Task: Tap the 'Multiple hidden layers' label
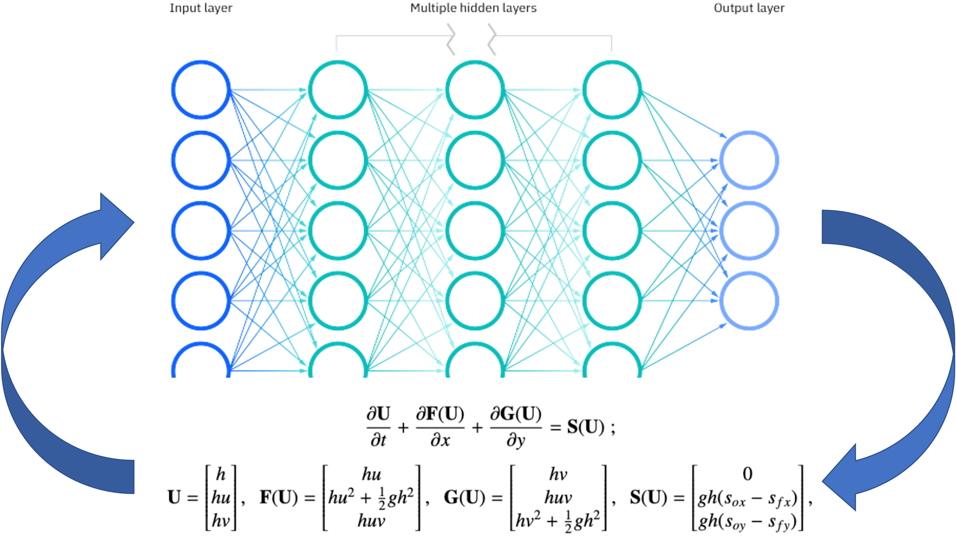473,8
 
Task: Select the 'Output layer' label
749,8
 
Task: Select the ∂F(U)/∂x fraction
440,427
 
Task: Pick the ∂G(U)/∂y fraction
516,427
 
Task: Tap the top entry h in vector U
221,474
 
